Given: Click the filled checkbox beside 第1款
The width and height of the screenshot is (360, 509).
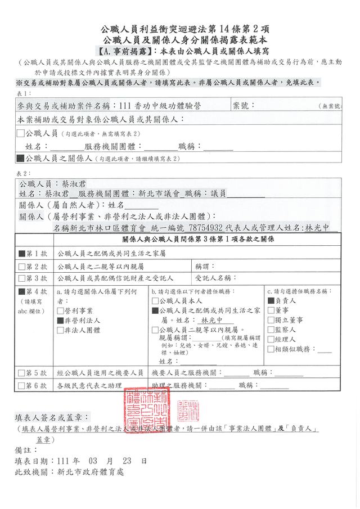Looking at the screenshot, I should pyautogui.click(x=22, y=254).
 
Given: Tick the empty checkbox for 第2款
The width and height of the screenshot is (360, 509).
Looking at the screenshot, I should pyautogui.click(x=22, y=266).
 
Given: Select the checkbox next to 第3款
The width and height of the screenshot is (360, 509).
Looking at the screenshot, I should pyautogui.click(x=22, y=278).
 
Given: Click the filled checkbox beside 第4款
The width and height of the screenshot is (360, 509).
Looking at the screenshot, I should pyautogui.click(x=22, y=292).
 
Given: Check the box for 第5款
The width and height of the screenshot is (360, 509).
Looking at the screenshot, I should pyautogui.click(x=22, y=373).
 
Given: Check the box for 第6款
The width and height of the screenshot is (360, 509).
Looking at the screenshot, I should pyautogui.click(x=22, y=385).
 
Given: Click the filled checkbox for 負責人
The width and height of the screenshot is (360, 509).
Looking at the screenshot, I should pyautogui.click(x=271, y=301).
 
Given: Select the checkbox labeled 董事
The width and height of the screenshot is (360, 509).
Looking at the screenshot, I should pyautogui.click(x=271, y=310).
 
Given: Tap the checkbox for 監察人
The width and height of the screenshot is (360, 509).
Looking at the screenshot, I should pyautogui.click(x=271, y=330).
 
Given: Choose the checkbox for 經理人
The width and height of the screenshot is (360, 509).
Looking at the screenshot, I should pyautogui.click(x=271, y=339).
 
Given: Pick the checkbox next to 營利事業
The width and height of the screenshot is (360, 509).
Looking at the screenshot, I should pyautogui.click(x=60, y=310).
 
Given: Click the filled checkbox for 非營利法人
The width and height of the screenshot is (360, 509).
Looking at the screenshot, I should pyautogui.click(x=60, y=320).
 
